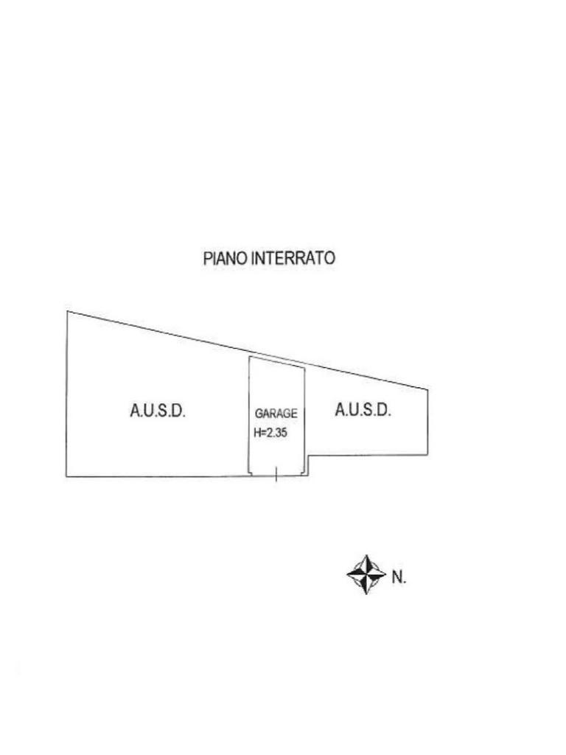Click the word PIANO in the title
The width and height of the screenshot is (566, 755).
click(x=226, y=259)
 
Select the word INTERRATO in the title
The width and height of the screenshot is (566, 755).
click(x=293, y=259)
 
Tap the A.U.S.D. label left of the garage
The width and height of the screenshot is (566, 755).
click(x=158, y=411)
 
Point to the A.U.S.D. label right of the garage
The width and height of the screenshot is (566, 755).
click(x=363, y=410)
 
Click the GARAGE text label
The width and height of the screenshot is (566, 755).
click(x=276, y=414)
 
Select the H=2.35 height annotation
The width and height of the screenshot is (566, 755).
click(x=270, y=434)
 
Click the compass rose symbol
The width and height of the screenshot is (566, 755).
click(x=366, y=575)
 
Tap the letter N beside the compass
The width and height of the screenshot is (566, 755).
click(x=398, y=577)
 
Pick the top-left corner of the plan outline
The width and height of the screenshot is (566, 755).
click(x=67, y=312)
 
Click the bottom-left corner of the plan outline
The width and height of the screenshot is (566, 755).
click(x=66, y=477)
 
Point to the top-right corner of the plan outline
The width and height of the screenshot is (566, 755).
click(x=427, y=390)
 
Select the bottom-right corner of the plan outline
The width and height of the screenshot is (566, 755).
click(x=427, y=456)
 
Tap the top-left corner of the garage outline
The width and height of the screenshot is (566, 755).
click(x=249, y=357)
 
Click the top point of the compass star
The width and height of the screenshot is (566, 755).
click(x=366, y=556)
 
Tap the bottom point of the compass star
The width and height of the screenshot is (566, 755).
click(x=366, y=594)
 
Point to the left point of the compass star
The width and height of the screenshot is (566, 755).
click(x=347, y=575)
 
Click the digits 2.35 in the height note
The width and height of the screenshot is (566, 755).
click(x=276, y=434)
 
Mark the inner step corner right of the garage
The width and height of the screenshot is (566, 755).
click(x=309, y=456)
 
